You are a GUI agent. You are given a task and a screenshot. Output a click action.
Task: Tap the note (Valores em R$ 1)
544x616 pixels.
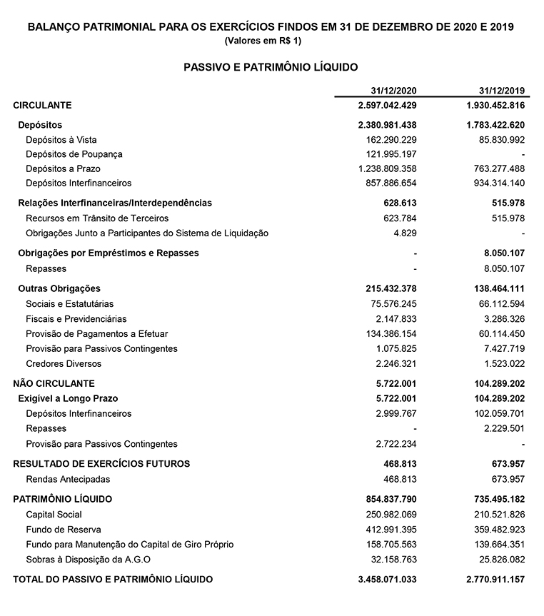271,41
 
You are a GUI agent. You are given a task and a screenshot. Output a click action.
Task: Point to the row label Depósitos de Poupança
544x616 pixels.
74,154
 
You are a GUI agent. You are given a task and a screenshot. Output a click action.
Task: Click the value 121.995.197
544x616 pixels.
389,154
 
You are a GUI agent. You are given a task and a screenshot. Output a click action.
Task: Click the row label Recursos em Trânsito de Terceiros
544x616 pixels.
96,218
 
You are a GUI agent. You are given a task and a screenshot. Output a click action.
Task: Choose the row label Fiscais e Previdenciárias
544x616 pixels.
76,318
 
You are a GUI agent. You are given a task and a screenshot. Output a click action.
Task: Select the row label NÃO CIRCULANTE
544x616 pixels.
54,383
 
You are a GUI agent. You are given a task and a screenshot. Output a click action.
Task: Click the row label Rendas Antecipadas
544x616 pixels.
68,479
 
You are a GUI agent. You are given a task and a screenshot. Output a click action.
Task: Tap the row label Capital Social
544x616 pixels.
54,514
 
